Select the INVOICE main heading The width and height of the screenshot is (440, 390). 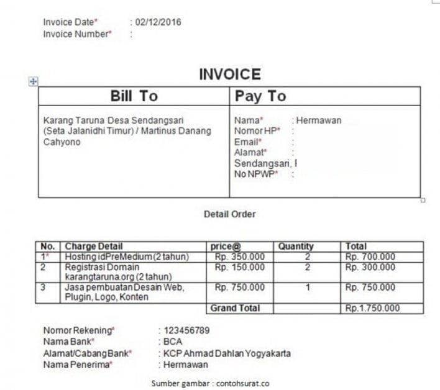(x=229, y=75)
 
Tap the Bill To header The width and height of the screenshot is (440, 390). (x=134, y=96)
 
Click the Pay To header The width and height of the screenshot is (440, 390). (x=260, y=96)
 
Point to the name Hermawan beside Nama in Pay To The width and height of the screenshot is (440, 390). (x=319, y=120)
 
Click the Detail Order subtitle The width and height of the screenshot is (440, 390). (x=229, y=214)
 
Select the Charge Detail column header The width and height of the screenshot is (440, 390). (x=94, y=247)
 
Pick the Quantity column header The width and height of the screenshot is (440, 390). (x=296, y=247)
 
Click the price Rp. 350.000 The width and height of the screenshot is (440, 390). (x=239, y=256)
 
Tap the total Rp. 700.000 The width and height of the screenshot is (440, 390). (x=370, y=256)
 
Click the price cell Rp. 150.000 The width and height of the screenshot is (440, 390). (x=239, y=267)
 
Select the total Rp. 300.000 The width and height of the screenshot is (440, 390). (x=370, y=267)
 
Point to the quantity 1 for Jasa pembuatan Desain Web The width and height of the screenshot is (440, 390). (x=308, y=288)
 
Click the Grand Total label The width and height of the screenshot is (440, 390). (x=235, y=308)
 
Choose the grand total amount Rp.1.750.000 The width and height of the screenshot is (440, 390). (x=373, y=308)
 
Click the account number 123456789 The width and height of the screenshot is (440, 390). (x=186, y=330)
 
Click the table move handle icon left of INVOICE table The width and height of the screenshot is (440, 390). (x=34, y=81)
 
